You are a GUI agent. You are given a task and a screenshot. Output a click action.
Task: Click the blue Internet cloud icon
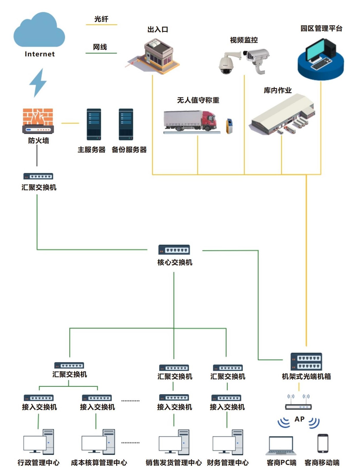[x=39, y=31]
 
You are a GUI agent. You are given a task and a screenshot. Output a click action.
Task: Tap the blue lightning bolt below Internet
[x=38, y=83]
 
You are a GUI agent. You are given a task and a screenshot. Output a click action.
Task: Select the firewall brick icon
[x=38, y=121]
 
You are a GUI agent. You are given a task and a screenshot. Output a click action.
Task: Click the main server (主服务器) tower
[x=94, y=124]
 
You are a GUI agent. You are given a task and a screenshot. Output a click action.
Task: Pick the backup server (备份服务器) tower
[x=126, y=124]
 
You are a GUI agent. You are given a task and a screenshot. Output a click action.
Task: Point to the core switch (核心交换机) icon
[x=174, y=250]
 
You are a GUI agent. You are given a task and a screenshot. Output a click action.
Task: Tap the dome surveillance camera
[x=226, y=64]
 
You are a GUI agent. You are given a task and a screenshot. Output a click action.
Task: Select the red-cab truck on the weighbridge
[x=190, y=121]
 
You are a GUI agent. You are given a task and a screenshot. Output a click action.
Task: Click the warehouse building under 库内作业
[x=282, y=114]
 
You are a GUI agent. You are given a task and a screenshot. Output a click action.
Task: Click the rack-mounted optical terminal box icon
[x=306, y=361]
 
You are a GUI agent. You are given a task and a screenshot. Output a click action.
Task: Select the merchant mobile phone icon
[x=323, y=443]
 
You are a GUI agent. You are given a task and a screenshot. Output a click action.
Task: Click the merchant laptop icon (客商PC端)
[x=281, y=445]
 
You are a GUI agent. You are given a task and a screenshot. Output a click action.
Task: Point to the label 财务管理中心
[x=228, y=463]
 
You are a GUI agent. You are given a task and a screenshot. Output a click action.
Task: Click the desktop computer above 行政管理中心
[x=39, y=442]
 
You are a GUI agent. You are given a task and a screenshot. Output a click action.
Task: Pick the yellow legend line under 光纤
[x=101, y=25]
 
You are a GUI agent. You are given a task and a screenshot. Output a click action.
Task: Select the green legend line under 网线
[x=101, y=53]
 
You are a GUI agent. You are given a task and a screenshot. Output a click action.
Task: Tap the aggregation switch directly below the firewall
[x=38, y=176]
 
